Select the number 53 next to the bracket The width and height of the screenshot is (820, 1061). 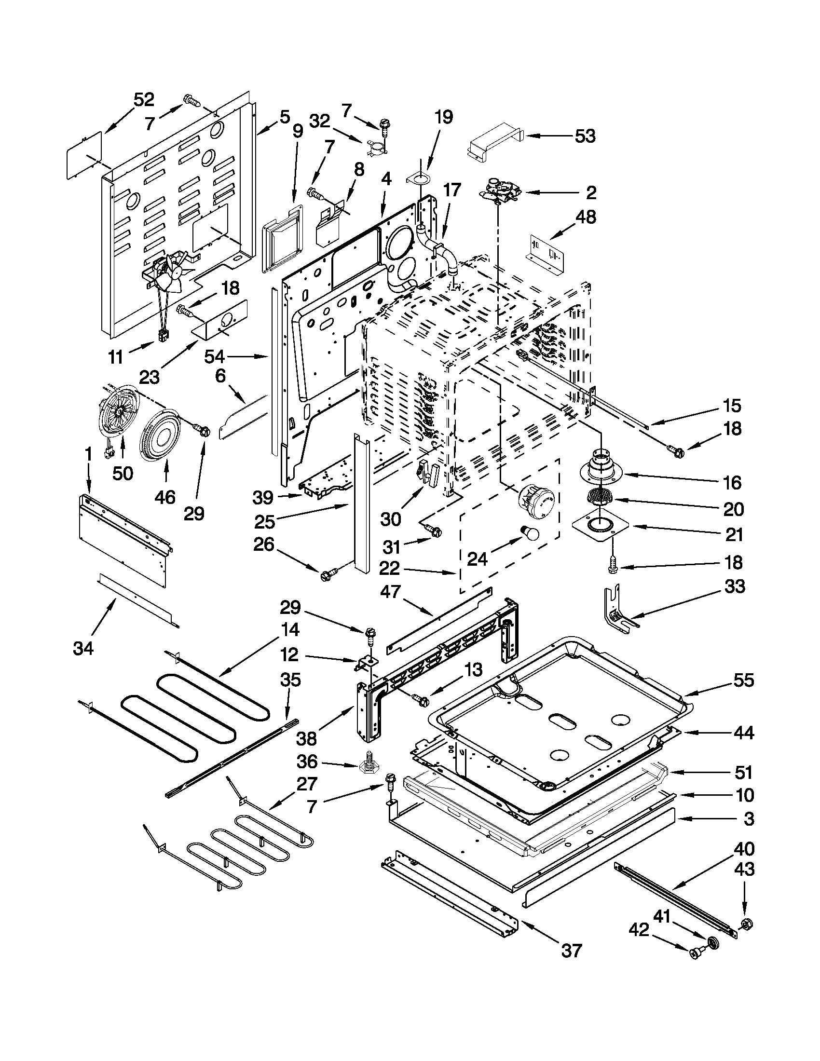click(585, 136)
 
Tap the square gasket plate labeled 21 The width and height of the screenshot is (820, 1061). click(601, 527)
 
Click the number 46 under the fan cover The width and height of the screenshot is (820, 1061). click(165, 497)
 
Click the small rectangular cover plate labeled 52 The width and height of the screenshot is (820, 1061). click(85, 156)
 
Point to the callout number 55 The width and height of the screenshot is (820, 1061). click(743, 680)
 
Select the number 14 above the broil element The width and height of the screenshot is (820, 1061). click(289, 630)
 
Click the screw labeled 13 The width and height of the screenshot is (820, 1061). click(421, 700)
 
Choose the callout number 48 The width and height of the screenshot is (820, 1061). click(587, 217)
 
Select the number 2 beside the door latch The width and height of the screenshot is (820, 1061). click(590, 193)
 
